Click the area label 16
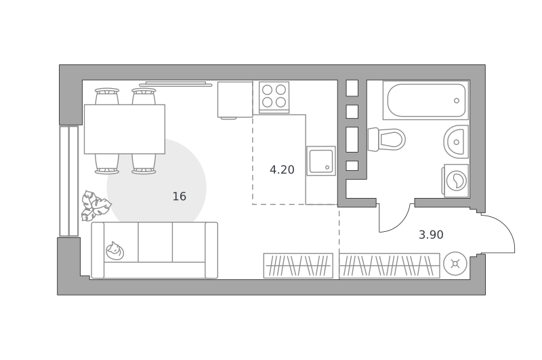tap(180, 197)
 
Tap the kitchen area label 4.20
tap(282, 169)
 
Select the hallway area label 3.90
tap(431, 235)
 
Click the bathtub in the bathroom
tap(426, 100)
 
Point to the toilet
tap(386, 140)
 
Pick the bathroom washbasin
tap(456, 142)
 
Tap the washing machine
tap(455, 180)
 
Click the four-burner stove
tap(274, 98)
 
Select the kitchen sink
tap(320, 161)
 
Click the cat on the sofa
tap(114, 250)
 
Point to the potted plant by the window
tap(96, 205)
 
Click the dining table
tap(125, 129)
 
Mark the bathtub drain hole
tap(457, 100)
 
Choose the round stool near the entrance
tap(455, 264)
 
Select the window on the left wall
tap(69, 181)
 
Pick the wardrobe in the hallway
tap(389, 266)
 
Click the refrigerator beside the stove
tap(235, 100)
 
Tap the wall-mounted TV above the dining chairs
tap(175, 84)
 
